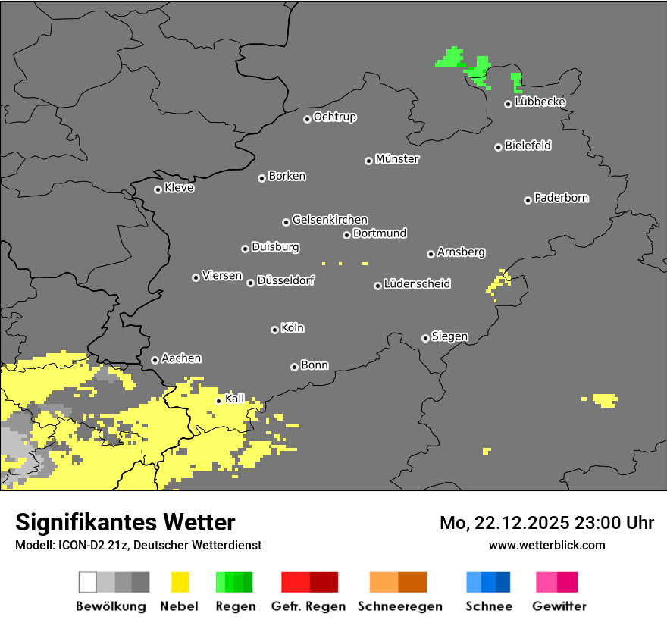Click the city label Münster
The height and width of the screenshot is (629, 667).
coord(397,159)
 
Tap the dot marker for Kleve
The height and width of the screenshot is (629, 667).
coord(158,189)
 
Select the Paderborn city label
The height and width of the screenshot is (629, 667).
coord(562,198)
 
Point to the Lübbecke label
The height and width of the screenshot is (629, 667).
coord(540,102)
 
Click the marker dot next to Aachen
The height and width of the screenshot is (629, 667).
coord(155,360)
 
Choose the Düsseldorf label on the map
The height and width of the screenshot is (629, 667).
coord(286,280)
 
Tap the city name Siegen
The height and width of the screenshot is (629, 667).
coord(450,336)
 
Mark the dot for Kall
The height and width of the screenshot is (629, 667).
coord(218,401)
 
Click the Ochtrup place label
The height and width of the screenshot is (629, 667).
coord(335,117)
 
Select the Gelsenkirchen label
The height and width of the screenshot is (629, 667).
coord(330,220)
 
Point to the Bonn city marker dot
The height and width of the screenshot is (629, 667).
coord(294,367)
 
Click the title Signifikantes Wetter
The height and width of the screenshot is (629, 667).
coord(125,522)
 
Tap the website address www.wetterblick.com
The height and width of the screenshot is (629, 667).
coord(547,545)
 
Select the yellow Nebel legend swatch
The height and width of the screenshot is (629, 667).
coord(180,582)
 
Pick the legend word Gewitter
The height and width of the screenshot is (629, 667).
coord(559,606)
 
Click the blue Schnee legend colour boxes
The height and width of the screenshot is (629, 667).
coord(488,582)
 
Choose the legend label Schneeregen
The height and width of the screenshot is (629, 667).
coord(399,606)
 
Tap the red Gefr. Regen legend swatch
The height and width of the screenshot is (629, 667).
coord(309,582)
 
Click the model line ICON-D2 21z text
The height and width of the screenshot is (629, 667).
coord(138,545)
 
